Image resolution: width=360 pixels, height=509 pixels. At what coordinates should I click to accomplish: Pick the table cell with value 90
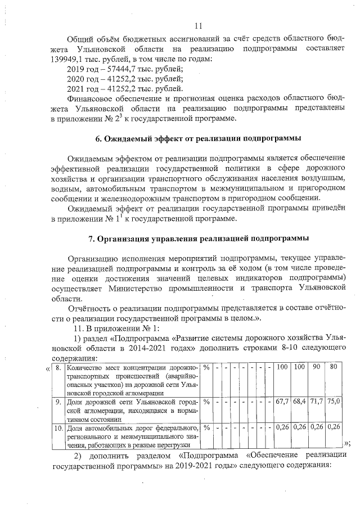tap(316, 367)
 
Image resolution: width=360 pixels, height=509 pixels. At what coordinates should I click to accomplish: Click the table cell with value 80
tap(334, 367)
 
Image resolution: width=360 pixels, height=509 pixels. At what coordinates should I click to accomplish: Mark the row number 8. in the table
tap(58, 367)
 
